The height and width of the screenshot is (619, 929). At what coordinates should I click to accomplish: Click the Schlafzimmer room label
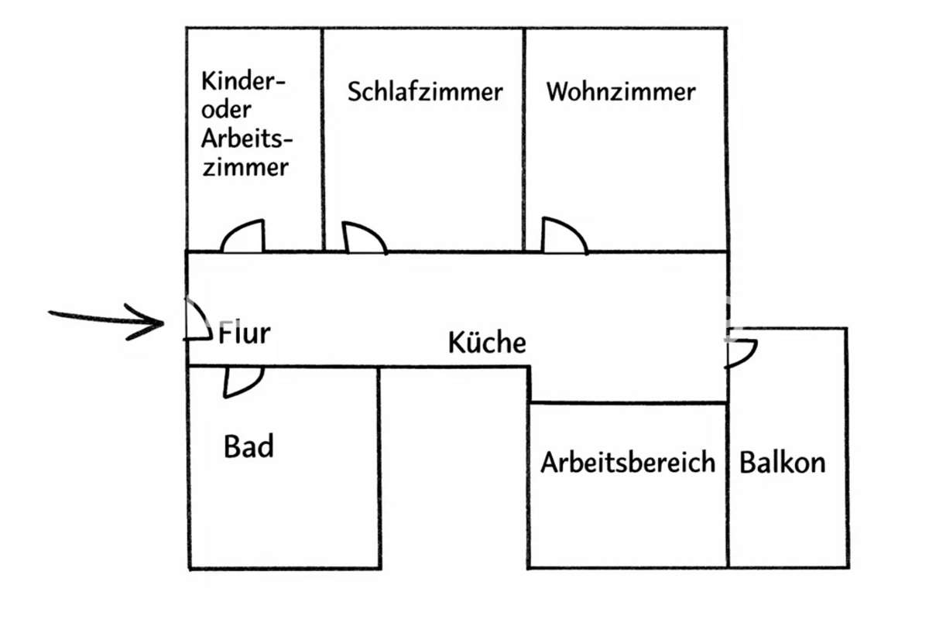click(425, 92)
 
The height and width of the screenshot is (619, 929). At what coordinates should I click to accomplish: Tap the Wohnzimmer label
click(621, 92)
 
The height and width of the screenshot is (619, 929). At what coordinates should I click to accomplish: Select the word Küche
click(487, 343)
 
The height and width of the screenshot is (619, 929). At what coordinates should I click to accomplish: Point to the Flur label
click(245, 333)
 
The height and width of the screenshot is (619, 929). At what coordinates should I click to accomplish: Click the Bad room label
click(249, 446)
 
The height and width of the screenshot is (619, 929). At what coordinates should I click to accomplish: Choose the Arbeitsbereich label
click(628, 463)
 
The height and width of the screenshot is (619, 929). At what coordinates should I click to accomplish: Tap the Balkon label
click(783, 463)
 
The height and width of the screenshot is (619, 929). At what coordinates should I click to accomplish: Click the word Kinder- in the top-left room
click(244, 81)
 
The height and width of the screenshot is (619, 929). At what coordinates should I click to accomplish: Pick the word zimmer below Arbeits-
click(245, 167)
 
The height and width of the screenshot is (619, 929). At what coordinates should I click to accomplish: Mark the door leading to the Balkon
click(741, 354)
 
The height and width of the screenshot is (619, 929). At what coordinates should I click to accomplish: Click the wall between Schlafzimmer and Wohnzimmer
click(525, 139)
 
